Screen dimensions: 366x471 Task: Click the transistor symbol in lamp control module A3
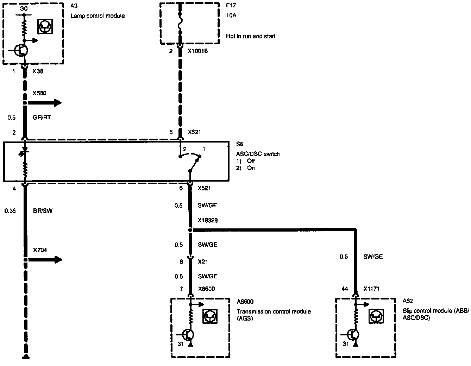point(22,51)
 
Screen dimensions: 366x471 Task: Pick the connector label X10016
point(197,51)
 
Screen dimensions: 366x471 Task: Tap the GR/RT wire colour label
point(42,118)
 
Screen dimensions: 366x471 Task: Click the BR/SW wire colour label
point(42,211)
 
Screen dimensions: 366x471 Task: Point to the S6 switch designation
point(240,144)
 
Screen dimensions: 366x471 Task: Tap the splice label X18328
point(207,221)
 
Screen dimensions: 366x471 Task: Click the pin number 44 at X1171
point(345,289)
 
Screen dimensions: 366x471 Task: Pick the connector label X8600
point(206,289)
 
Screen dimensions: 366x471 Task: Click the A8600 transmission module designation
point(245,302)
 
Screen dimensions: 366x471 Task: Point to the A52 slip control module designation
point(408,301)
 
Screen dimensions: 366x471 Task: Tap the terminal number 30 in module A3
point(24,8)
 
